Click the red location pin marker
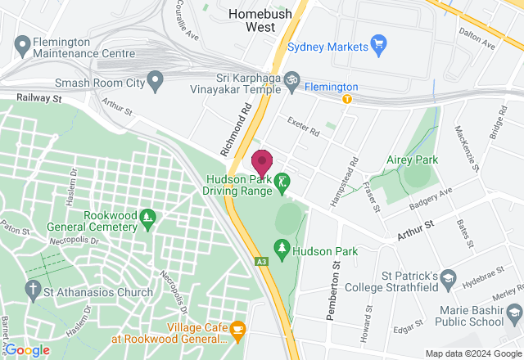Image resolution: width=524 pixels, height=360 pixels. point(262,162)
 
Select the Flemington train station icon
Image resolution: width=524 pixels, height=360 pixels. point(347,100)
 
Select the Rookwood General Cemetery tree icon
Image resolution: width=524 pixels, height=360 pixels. point(148,218)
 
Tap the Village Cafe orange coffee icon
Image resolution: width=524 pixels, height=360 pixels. point(238,330)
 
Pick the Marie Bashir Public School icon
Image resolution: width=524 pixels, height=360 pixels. point(513,313)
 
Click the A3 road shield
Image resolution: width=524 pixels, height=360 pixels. point(260,262)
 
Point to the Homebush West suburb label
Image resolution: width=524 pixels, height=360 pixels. point(260,20)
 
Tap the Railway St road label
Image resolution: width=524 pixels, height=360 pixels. point(40,98)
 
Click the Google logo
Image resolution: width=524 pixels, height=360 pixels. point(27,349)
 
